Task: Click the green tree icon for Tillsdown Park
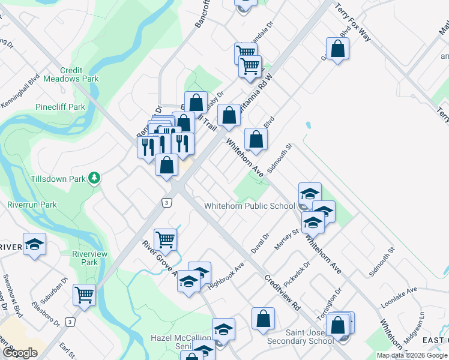pos(94,178)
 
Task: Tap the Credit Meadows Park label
pos(75,74)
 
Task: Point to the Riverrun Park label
pos(32,205)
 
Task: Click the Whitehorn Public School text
pos(249,206)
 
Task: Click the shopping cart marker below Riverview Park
pos(84,295)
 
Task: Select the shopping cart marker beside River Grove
pos(165,239)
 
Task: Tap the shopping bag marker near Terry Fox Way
pos(337,50)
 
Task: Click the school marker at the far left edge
pos(34,244)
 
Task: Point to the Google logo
pos(20,353)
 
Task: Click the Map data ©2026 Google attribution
pos(412,355)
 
